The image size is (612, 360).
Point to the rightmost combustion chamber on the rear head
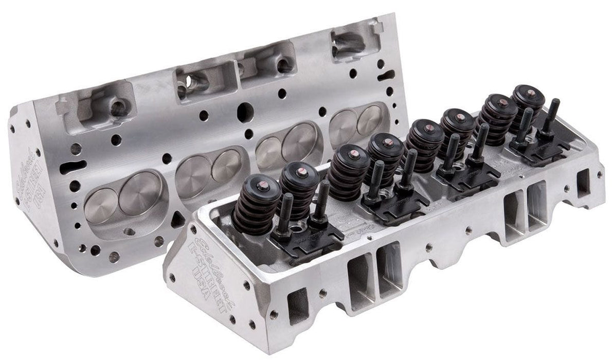point(357,122)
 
